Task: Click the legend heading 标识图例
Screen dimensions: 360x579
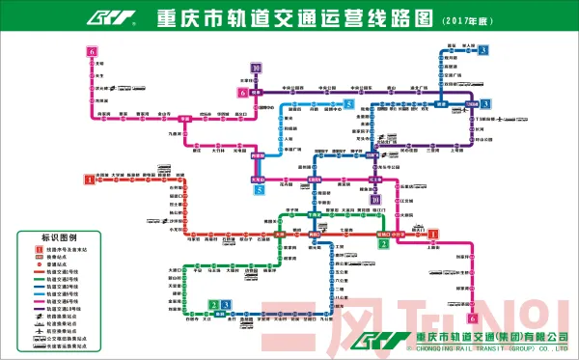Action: [x=58, y=237]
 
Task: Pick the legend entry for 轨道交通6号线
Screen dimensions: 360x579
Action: [x=58, y=300]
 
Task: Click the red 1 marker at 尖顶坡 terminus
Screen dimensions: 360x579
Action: [x=90, y=179]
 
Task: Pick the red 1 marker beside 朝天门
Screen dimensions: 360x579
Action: [x=433, y=234]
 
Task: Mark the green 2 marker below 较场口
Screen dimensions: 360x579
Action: [x=383, y=243]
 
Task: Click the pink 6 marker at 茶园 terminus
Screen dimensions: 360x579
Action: [x=473, y=318]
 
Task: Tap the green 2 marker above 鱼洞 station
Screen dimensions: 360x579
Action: [x=213, y=306]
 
